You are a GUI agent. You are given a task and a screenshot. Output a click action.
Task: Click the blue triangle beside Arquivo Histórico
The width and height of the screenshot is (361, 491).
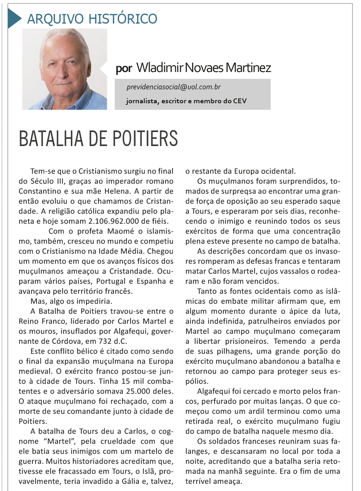click(x=14, y=18)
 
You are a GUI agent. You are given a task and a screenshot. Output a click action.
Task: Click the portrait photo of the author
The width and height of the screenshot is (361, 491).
click(x=64, y=69)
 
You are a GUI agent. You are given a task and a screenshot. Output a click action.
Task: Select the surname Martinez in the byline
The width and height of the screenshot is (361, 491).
click(x=248, y=68)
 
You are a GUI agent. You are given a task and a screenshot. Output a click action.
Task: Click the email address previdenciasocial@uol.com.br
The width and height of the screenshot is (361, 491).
click(x=173, y=87)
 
